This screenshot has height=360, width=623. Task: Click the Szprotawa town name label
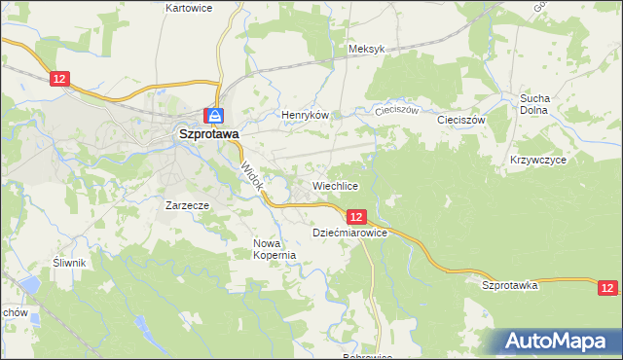pyautogui.click(x=208, y=137)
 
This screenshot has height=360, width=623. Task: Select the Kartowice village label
pyautogui.click(x=189, y=7)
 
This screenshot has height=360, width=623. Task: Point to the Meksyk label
pyautogui.click(x=367, y=49)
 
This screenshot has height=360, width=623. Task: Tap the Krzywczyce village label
pyautogui.click(x=537, y=159)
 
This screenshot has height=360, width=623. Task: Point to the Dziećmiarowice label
pyautogui.click(x=350, y=234)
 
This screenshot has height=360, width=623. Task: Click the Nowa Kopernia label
pyautogui.click(x=274, y=249)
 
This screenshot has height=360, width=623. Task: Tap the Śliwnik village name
pyautogui.click(x=70, y=263)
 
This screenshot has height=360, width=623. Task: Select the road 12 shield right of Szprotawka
pyautogui.click(x=607, y=287)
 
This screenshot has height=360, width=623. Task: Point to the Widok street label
pyautogui.click(x=251, y=173)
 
